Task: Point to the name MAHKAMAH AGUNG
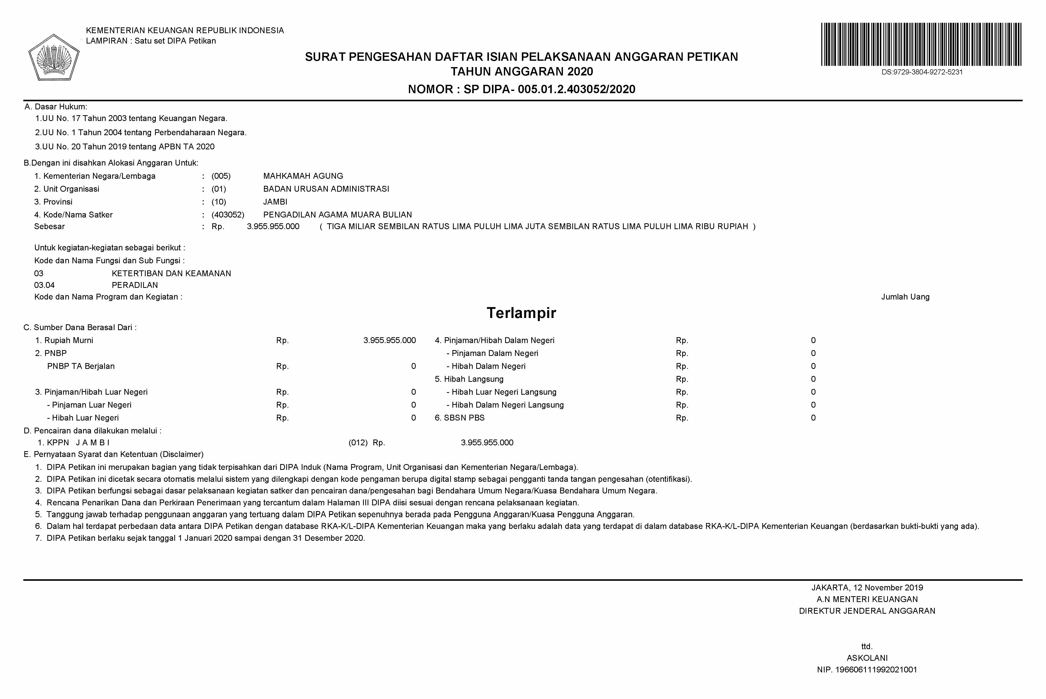coord(303,176)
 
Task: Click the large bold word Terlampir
coord(521,313)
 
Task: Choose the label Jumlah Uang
coord(905,297)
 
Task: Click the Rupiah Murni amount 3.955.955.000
coord(389,341)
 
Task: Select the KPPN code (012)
coord(358,443)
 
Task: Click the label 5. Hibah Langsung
coord(469,379)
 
